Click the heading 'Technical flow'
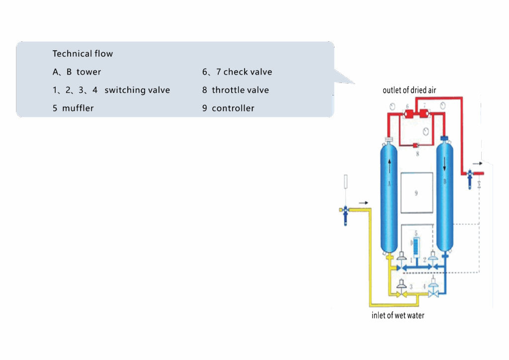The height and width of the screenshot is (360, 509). (83, 54)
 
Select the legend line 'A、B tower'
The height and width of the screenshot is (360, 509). (77, 72)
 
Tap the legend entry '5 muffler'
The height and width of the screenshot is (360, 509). (73, 108)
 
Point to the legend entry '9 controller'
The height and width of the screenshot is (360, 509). (228, 108)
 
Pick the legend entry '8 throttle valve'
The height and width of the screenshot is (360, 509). (235, 90)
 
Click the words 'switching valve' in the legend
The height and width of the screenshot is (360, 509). (137, 90)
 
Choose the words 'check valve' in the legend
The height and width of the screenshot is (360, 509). (248, 72)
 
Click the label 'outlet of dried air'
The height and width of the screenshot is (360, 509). (410, 90)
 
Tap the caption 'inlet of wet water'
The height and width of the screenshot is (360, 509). (398, 315)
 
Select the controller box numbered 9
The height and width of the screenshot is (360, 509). (416, 192)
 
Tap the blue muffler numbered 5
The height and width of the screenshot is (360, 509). (416, 245)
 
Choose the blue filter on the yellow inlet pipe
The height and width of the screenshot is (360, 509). (344, 214)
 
